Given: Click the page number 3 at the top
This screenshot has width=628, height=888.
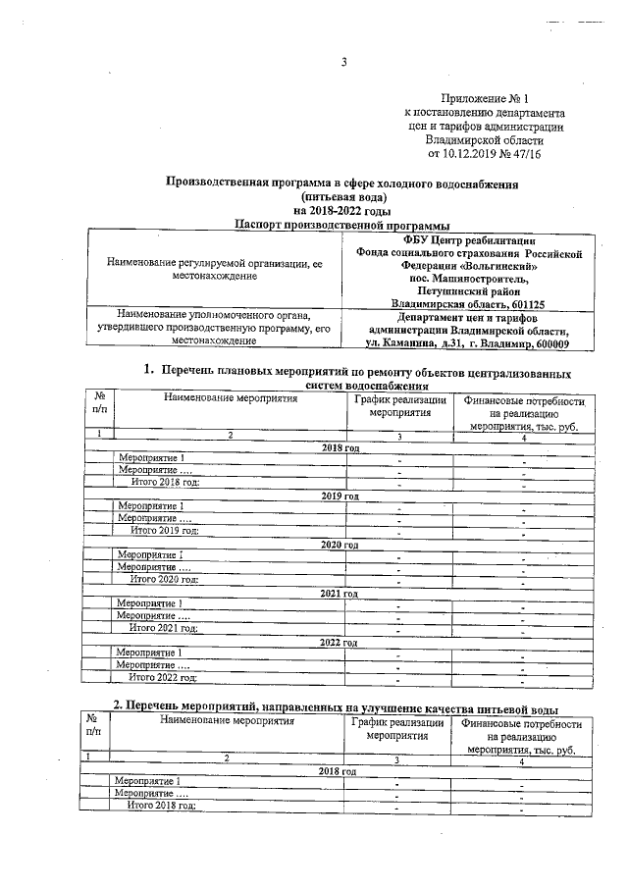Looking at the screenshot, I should (x=343, y=64).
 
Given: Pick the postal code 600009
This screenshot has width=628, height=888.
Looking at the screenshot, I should (x=546, y=343).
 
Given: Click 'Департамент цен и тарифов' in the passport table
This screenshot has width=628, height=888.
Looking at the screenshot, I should (x=466, y=317).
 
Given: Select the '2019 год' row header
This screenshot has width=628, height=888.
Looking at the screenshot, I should (x=340, y=496).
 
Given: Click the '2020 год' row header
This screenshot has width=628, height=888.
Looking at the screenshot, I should (x=340, y=545).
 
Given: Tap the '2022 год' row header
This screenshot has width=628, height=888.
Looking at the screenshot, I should (x=340, y=642).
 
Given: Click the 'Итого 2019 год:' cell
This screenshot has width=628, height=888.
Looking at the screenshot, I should (x=165, y=531).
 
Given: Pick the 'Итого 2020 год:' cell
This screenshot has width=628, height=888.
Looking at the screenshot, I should (x=165, y=580).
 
